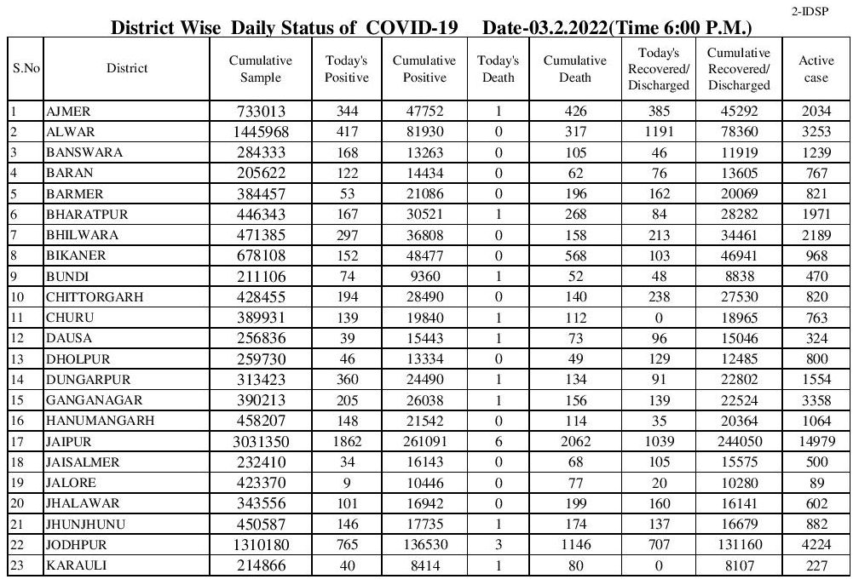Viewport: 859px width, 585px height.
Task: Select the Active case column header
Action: click(x=816, y=69)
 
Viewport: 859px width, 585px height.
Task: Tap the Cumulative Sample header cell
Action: click(x=260, y=69)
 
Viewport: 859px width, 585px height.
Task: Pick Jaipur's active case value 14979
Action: click(x=816, y=442)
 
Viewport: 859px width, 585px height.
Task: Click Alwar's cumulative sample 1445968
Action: click(x=260, y=132)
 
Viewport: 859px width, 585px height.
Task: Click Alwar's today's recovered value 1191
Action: click(x=658, y=132)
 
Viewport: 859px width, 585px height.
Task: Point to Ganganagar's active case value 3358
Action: click(x=816, y=399)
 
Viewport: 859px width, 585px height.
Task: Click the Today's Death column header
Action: click(x=499, y=69)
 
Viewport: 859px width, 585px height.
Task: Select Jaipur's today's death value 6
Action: click(x=499, y=442)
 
